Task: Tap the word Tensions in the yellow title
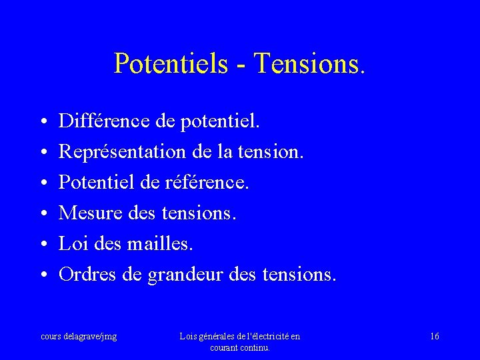coord(309,63)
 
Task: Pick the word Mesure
coord(84,213)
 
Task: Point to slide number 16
coord(435,337)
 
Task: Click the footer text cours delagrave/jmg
coord(79,337)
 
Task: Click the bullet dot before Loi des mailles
coord(42,245)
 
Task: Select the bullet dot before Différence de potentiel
coord(42,122)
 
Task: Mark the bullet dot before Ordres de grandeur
coord(42,275)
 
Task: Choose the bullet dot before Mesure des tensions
coord(42,214)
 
